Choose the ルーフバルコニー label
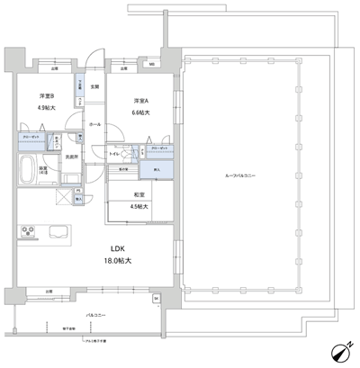coord(240,176)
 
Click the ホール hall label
coord(94,125)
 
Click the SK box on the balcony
coord(155,298)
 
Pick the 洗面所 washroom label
coord(68,157)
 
